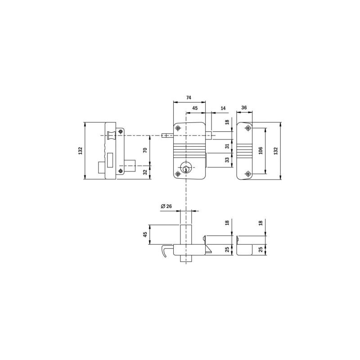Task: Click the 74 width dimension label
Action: point(189,98)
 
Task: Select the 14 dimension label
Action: point(223,108)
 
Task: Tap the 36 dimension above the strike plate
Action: point(244,108)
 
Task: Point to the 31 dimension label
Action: point(227,146)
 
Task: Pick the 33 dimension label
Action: point(227,160)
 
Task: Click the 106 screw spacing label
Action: point(261,151)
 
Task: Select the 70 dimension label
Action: point(145,151)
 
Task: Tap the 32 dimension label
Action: point(145,172)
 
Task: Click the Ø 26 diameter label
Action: point(166,206)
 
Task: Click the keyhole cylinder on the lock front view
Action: point(186,168)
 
